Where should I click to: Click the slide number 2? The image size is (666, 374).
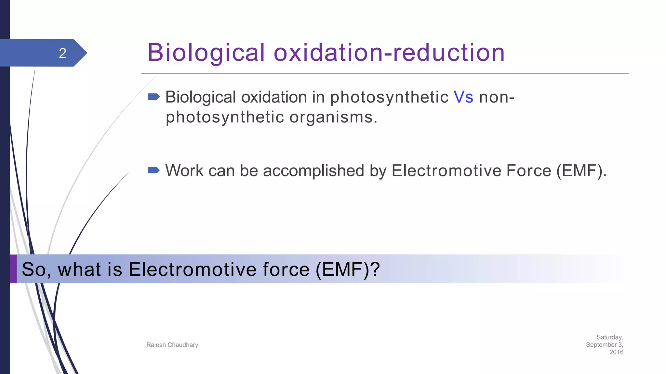pos(62,53)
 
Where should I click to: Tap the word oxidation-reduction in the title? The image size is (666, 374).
pos(389,53)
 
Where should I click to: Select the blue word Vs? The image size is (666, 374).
pos(463,97)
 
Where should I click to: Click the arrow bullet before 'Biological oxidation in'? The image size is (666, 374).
pos(153,97)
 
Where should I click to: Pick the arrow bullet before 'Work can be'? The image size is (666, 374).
pos(153,170)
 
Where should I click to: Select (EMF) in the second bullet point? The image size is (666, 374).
pos(581,171)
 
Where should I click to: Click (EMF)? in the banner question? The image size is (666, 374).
pos(348,269)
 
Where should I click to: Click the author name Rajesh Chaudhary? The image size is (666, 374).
pos(172,345)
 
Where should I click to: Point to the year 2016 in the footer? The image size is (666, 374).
pos(616,352)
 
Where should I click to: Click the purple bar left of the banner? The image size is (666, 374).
pos(13,269)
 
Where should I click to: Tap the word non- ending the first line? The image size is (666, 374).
pos(497,97)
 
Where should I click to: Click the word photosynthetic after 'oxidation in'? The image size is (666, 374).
pos(389,97)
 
